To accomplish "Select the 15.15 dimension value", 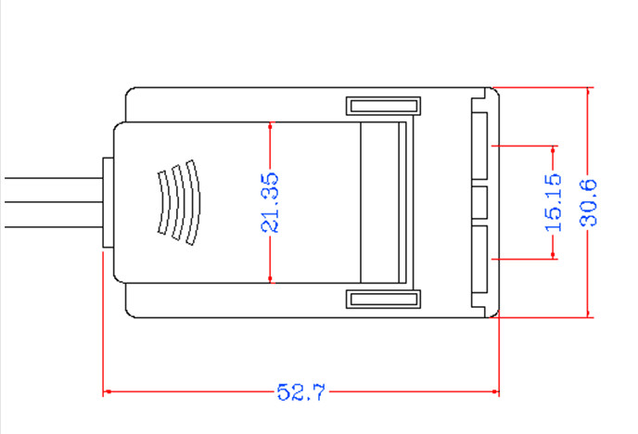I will coord(554,201).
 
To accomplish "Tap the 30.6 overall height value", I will coord(589,202).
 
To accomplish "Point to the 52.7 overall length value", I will coord(301,392).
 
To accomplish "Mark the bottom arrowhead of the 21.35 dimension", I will coord(270,278).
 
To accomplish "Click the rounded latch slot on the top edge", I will coord(382,107).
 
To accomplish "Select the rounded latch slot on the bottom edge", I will coord(382,298).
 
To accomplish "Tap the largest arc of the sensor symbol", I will coord(193,203).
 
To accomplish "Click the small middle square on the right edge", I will coord(479,202).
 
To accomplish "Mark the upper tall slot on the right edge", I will coord(479,145).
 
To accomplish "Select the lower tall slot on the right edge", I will coord(479,261).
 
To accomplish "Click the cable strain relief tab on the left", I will coord(107,202).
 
